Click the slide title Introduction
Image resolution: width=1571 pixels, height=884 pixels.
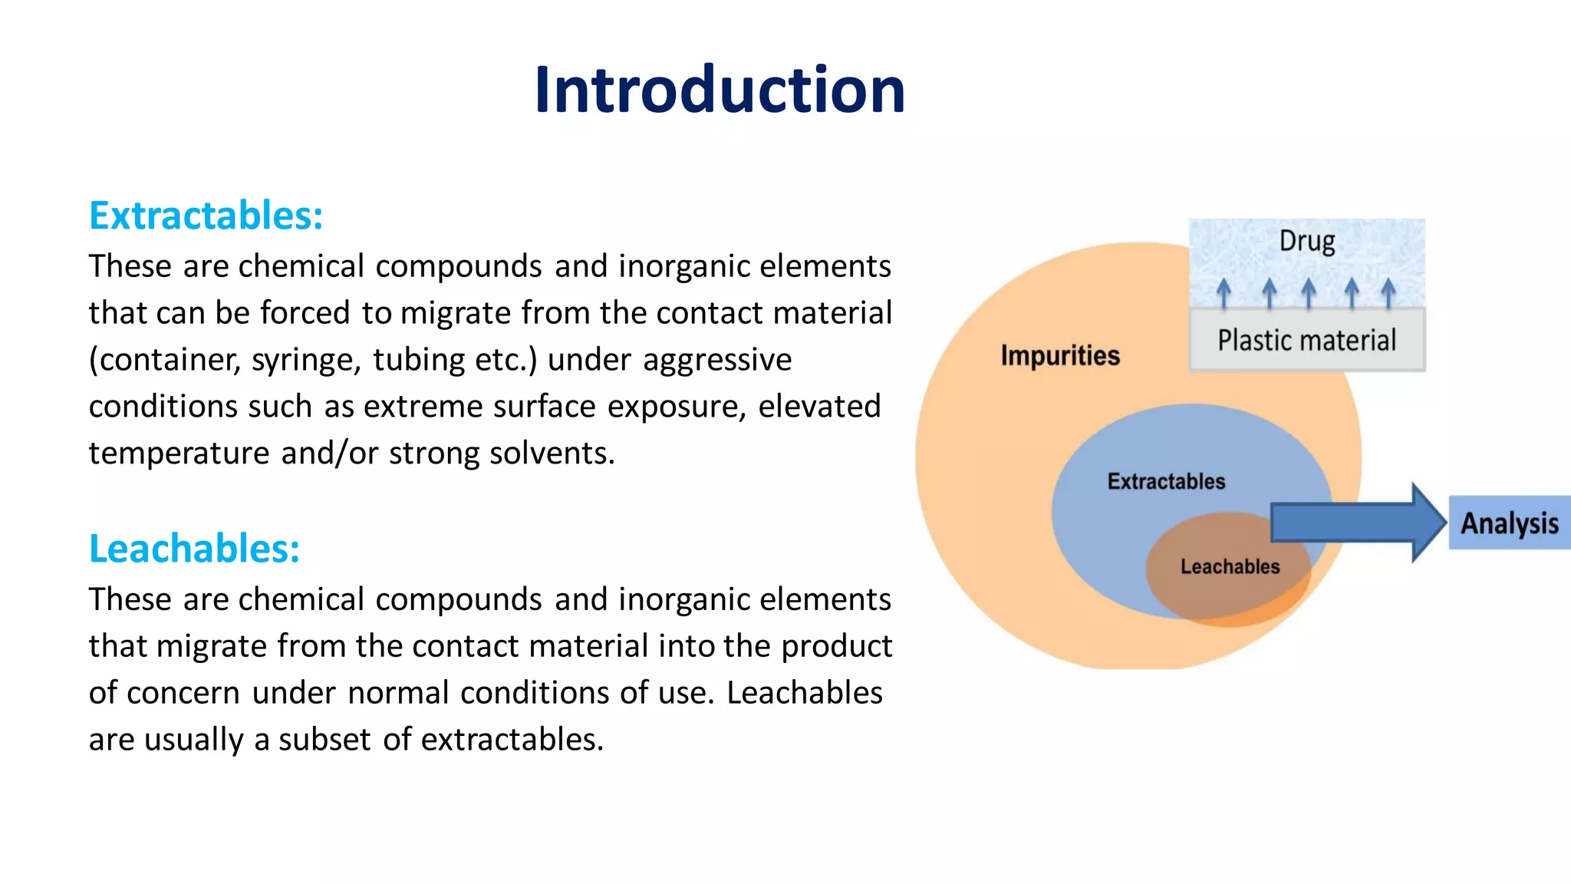[720, 91]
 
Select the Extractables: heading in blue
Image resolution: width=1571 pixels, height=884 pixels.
[206, 216]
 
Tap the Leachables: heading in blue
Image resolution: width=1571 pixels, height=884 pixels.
[194, 549]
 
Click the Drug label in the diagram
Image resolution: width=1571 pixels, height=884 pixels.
[1306, 241]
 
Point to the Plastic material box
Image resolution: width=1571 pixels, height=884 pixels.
[1306, 340]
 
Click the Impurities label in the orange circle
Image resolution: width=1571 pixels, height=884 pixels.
[1059, 355]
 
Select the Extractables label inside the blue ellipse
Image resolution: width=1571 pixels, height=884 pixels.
[1165, 481]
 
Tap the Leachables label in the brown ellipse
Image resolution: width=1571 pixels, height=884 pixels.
[1230, 566]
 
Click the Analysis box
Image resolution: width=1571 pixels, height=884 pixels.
[1509, 523]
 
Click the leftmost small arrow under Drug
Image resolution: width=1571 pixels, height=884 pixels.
[1224, 293]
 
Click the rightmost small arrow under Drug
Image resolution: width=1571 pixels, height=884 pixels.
[1388, 293]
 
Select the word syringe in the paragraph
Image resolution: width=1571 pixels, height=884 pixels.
[306, 361]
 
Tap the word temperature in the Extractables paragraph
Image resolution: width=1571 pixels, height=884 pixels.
[179, 454]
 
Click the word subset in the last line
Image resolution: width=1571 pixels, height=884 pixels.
[324, 740]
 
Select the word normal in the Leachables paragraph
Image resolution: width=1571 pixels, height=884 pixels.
[398, 693]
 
